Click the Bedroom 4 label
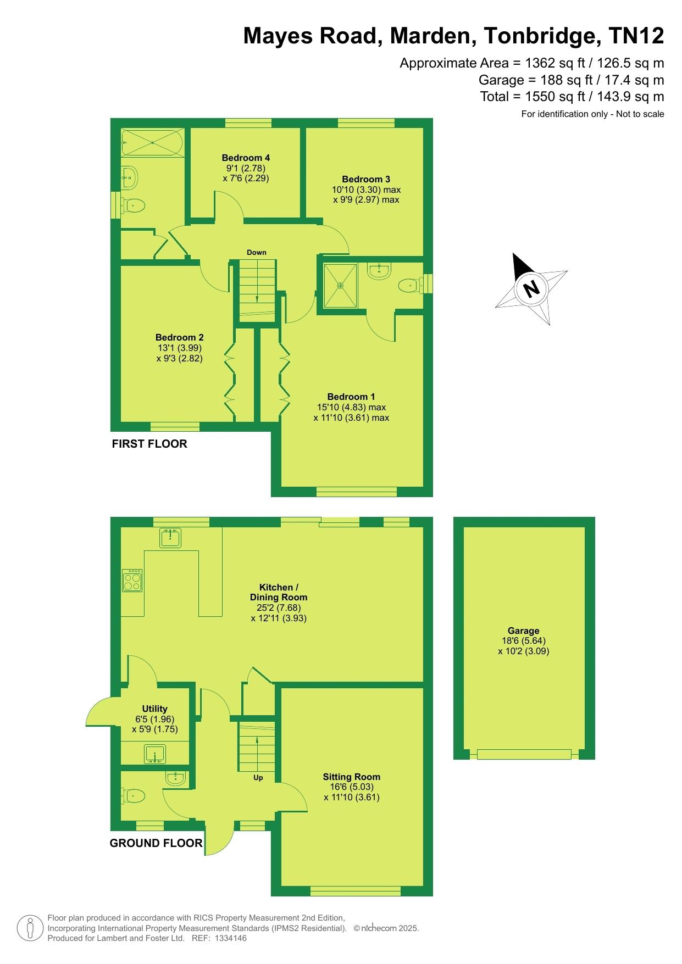[246, 158]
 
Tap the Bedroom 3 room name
[366, 179]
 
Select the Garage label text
[523, 631]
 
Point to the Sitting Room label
[352, 777]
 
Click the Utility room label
[154, 709]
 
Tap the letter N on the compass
[531, 288]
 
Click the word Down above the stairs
[256, 253]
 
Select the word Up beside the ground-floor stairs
[258, 778]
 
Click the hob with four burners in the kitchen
[132, 581]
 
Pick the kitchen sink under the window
[170, 538]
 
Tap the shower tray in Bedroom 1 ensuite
[340, 286]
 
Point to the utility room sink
[155, 754]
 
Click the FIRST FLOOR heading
[149, 444]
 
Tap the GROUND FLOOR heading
[156, 843]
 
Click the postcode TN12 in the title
[636, 36]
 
